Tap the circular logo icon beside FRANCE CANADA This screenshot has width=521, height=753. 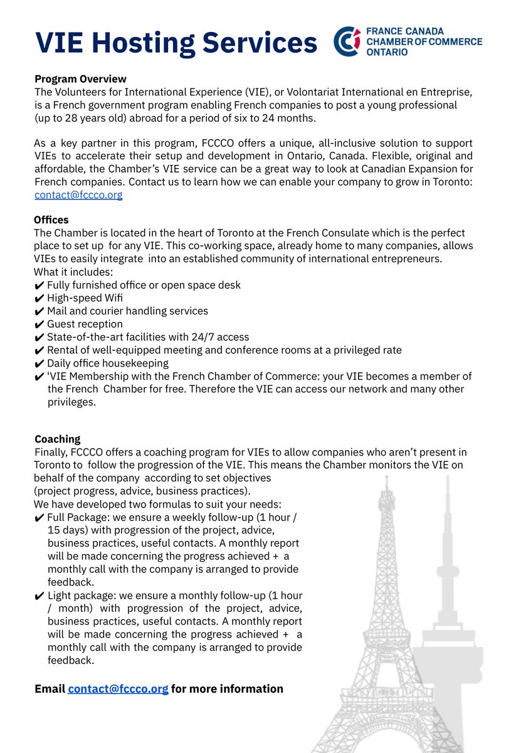point(347,41)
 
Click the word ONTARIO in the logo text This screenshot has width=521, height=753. point(387,52)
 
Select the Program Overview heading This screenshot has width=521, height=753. point(80,79)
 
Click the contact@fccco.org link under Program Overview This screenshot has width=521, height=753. point(78,195)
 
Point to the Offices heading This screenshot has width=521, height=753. point(51,220)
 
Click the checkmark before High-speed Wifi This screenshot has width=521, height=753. point(39,298)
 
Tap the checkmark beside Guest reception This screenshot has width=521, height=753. point(39,324)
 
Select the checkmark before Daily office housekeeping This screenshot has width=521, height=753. point(39,363)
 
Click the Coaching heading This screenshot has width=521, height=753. point(57,439)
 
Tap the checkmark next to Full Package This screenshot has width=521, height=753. point(39,518)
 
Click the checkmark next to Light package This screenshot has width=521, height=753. point(39,595)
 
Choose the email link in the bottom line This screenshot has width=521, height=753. point(118,689)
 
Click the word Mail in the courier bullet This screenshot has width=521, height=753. point(58,311)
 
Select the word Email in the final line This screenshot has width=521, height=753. point(50,689)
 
